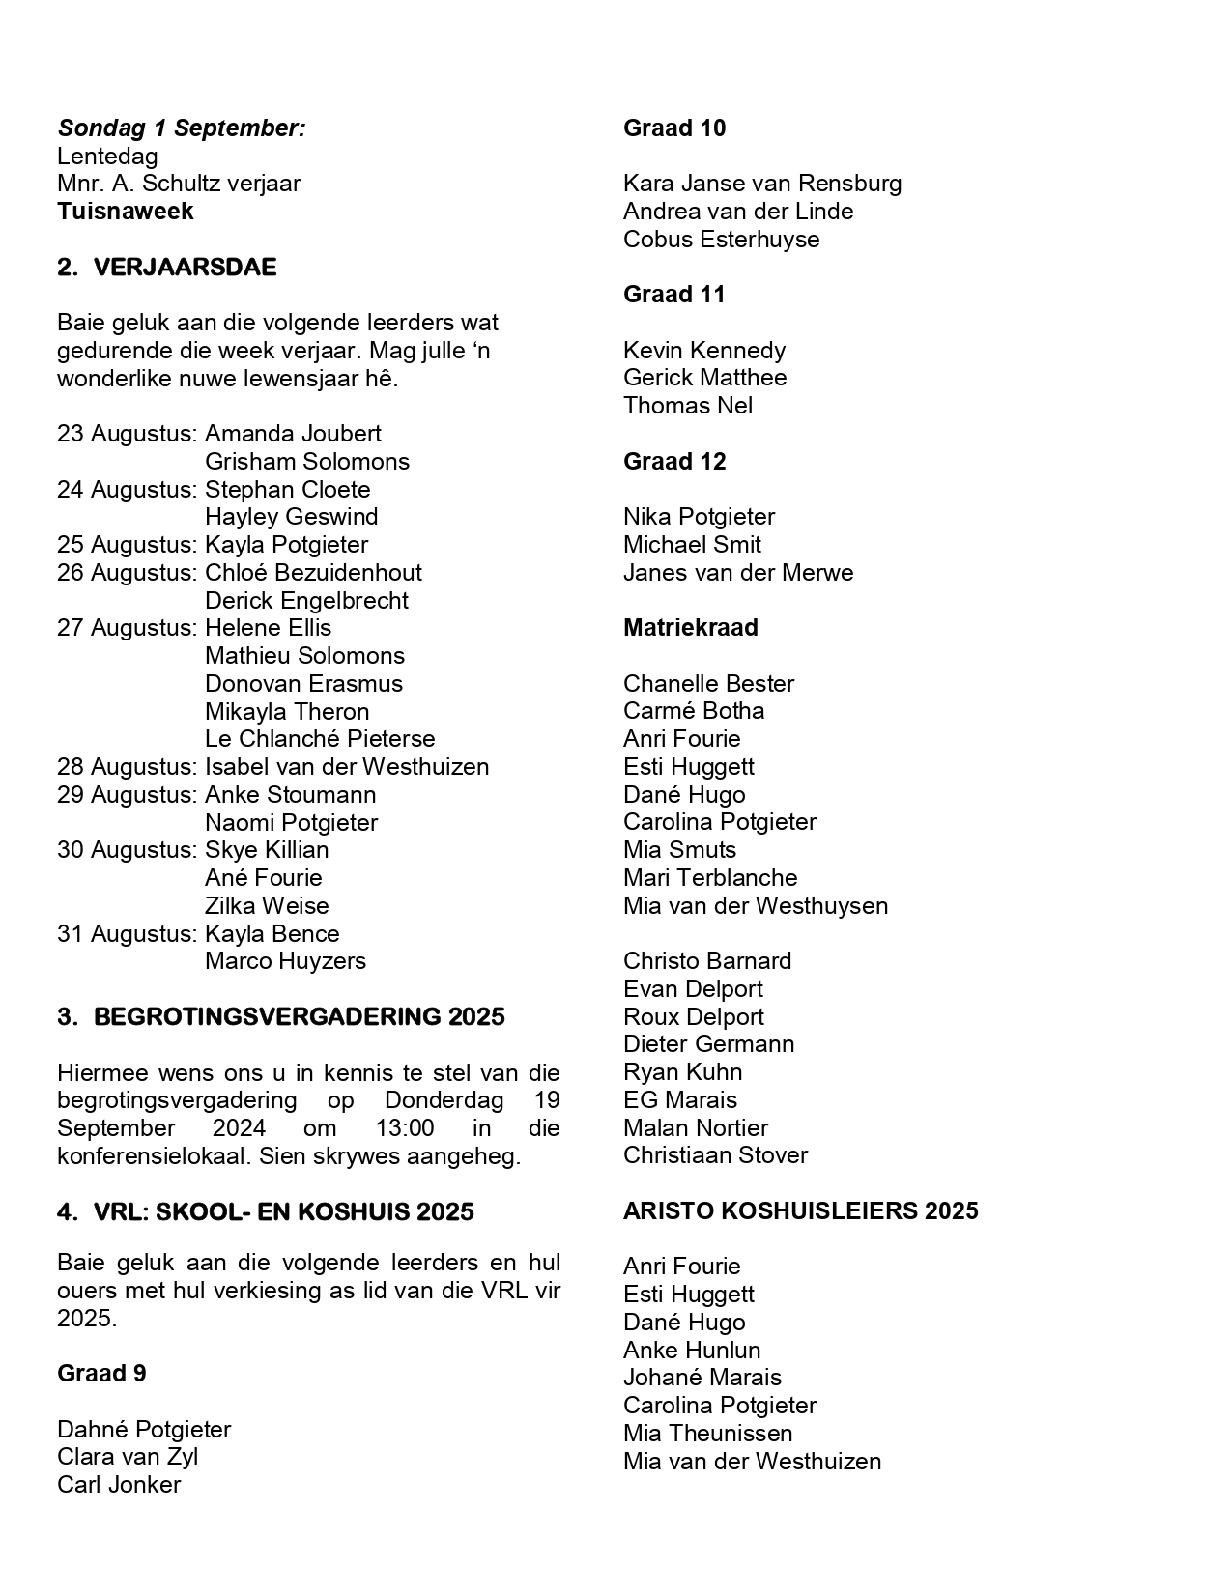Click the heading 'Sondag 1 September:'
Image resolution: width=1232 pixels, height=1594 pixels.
[x=182, y=128]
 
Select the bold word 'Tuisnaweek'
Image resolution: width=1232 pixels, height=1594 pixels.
[x=126, y=212]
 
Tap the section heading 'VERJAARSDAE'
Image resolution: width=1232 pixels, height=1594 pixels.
[x=185, y=268]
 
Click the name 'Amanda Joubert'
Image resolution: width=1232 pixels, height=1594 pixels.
[x=293, y=434]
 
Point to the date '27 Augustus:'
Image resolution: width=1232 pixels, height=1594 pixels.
[x=127, y=628]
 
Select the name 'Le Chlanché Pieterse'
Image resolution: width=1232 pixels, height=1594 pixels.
[x=320, y=739]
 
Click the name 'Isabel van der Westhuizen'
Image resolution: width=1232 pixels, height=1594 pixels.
[x=347, y=767]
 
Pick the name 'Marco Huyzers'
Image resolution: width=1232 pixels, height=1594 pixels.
[x=285, y=961]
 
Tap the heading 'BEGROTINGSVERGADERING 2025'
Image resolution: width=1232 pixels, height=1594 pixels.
[x=299, y=1017]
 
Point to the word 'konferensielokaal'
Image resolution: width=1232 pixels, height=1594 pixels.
[x=153, y=1156]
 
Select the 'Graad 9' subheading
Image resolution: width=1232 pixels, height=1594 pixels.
[x=101, y=1374]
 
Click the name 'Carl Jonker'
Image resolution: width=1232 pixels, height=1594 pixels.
[x=119, y=1485]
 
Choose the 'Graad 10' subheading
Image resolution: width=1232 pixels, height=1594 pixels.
[x=674, y=128]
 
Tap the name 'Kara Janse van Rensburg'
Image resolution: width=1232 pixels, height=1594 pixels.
[x=762, y=184]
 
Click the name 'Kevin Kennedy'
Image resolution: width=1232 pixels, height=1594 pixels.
[x=704, y=350]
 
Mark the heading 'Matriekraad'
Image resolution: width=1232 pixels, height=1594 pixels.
[x=691, y=628]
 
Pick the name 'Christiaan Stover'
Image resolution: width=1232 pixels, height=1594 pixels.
[x=715, y=1155]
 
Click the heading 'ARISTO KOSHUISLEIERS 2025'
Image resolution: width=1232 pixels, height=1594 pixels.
[x=800, y=1211]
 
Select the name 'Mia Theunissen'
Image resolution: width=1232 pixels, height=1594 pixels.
[x=707, y=1434]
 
